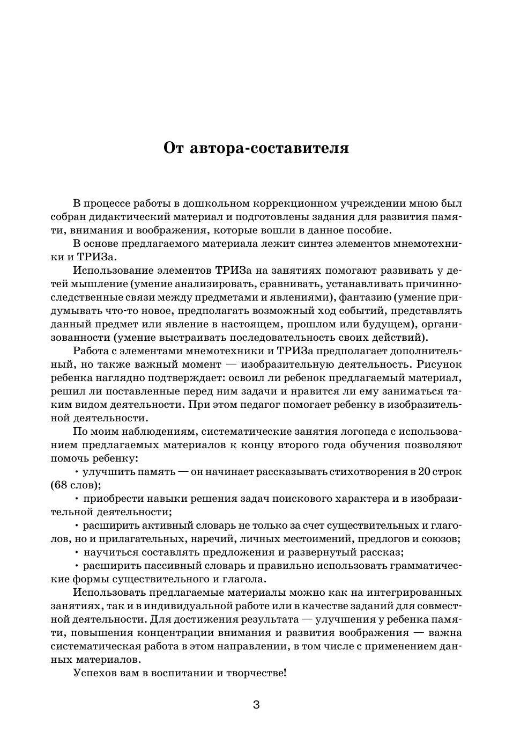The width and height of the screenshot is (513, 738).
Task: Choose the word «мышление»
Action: (x=97, y=284)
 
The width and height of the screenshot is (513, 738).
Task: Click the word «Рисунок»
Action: (x=439, y=364)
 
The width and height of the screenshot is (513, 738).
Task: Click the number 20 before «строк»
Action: (x=425, y=472)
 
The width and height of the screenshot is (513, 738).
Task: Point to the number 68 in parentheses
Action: (x=60, y=485)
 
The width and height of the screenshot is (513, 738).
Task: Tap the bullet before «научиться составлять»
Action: (x=77, y=552)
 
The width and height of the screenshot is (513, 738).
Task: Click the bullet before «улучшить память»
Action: (x=77, y=472)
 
